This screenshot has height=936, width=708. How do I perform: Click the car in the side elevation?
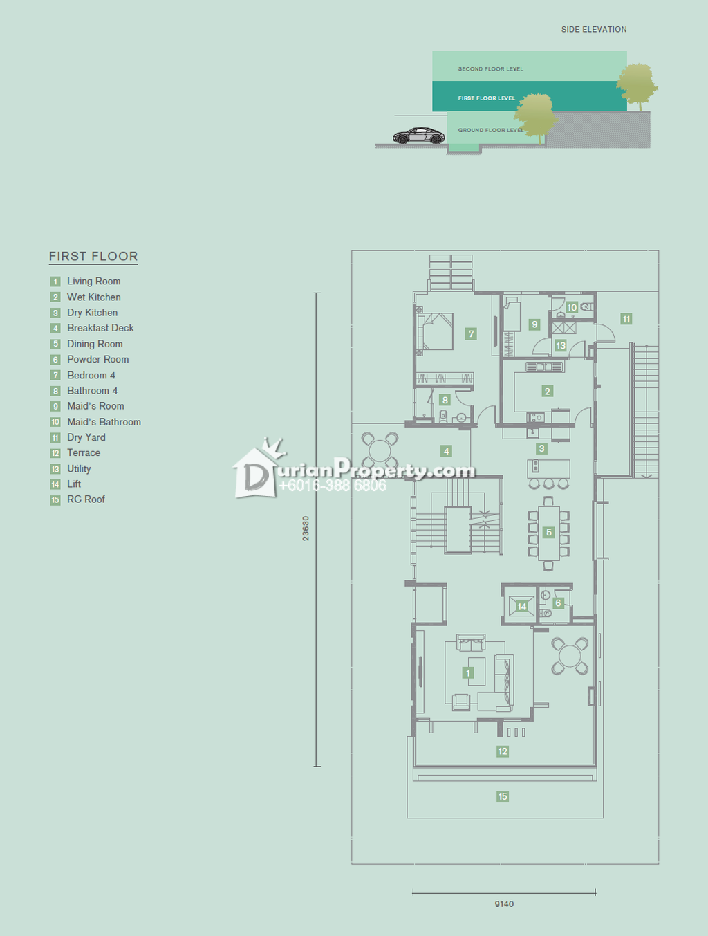pyautogui.click(x=419, y=136)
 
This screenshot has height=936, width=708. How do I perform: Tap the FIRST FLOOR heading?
pyautogui.click(x=93, y=256)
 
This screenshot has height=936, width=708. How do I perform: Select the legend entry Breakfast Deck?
pyautogui.click(x=100, y=328)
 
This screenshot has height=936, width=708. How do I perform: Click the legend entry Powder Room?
pyautogui.click(x=97, y=360)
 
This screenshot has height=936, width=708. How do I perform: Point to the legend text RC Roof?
pyautogui.click(x=86, y=499)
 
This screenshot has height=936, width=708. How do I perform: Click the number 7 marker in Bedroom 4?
pyautogui.click(x=471, y=334)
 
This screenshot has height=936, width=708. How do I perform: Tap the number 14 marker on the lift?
pyautogui.click(x=522, y=607)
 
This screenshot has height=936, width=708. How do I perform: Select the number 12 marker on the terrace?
pyautogui.click(x=503, y=751)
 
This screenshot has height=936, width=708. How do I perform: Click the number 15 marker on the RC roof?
pyautogui.click(x=503, y=796)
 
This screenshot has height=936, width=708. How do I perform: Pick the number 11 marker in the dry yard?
pyautogui.click(x=626, y=319)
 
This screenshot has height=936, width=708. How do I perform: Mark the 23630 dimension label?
pyautogui.click(x=306, y=529)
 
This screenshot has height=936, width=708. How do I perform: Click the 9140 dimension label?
pyautogui.click(x=504, y=903)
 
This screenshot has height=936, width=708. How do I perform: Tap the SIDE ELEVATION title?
pyautogui.click(x=594, y=30)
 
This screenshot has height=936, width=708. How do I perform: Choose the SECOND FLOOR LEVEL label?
pyautogui.click(x=490, y=68)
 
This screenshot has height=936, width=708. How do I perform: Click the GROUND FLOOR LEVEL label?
pyautogui.click(x=491, y=130)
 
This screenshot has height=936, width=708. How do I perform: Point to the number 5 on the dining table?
pyautogui.click(x=549, y=532)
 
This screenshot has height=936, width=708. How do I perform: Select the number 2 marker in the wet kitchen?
pyautogui.click(x=548, y=392)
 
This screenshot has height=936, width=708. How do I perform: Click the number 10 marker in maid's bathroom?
pyautogui.click(x=572, y=307)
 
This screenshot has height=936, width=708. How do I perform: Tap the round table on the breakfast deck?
pyautogui.click(x=380, y=450)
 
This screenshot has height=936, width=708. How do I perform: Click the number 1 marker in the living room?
pyautogui.click(x=468, y=673)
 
